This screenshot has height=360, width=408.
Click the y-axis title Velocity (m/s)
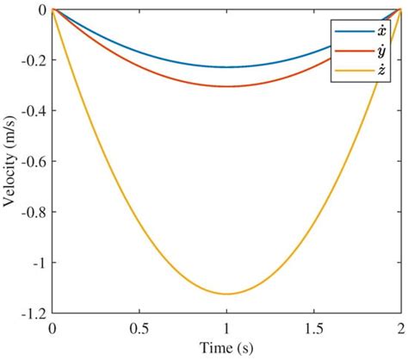(12, 160)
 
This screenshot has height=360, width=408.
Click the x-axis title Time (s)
(226, 349)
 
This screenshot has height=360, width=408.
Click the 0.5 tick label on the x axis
(139, 329)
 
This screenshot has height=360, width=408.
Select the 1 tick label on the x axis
(226, 329)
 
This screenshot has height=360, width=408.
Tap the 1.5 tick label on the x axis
(312, 329)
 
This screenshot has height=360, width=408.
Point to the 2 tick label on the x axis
(399, 329)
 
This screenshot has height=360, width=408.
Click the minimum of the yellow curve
(226, 294)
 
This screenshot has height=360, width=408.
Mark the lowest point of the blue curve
(226, 67)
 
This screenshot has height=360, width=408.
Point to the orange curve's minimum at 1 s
(226, 86)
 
